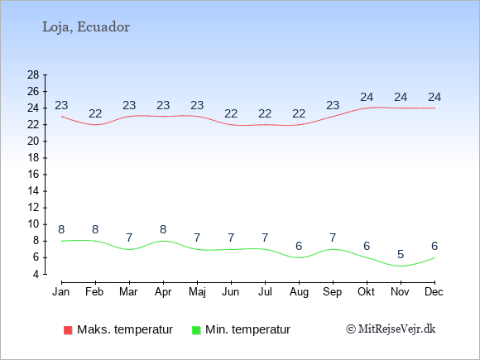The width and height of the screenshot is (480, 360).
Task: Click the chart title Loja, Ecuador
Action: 86,27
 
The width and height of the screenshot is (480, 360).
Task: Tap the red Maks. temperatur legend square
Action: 68,330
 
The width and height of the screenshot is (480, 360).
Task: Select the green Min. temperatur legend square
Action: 196,330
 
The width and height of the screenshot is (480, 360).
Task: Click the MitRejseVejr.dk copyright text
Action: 391,329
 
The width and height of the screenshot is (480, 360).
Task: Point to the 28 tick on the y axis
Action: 33,74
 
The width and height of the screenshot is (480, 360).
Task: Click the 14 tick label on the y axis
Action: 33,191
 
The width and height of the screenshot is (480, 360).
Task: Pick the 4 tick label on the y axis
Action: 36,274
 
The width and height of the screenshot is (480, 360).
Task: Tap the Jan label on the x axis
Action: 61,292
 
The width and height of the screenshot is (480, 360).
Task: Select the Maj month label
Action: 197,292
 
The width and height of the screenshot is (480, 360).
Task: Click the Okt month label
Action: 366,292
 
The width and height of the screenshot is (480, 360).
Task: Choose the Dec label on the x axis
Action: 434,292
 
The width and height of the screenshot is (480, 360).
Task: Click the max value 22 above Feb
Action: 95,114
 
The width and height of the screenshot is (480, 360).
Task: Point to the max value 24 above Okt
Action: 367,98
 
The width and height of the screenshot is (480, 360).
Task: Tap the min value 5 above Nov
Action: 401,254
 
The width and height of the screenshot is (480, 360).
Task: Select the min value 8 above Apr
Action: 163,229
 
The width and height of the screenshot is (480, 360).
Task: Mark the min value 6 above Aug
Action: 299,246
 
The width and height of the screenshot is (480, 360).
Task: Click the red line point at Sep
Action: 333,117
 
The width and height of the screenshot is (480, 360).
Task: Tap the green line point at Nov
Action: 401,266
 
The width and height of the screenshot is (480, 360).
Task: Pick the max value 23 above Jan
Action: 61,106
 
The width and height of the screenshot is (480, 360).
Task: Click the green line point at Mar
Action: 129,249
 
